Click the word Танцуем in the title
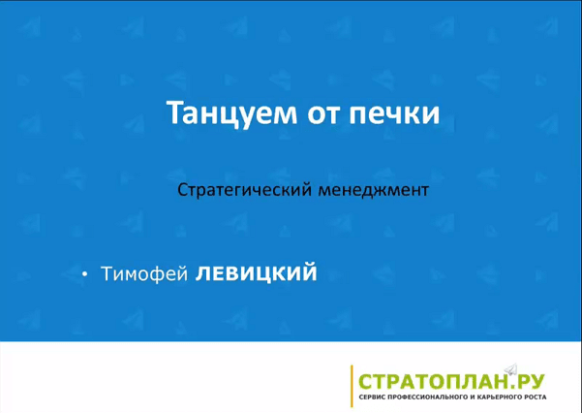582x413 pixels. [231, 113]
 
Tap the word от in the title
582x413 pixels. [322, 114]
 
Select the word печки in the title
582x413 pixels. [394, 114]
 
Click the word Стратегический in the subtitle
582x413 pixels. [244, 190]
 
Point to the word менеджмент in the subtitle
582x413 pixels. [374, 191]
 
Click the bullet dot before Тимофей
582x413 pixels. [85, 274]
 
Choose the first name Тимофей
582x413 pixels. [144, 274]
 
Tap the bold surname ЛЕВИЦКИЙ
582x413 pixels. [256, 272]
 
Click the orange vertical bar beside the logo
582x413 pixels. [352, 386]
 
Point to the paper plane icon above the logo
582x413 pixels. [511, 368]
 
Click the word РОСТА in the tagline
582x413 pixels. [534, 397]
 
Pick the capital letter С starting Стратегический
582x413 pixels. [182, 190]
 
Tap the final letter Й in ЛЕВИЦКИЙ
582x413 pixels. [308, 271]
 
